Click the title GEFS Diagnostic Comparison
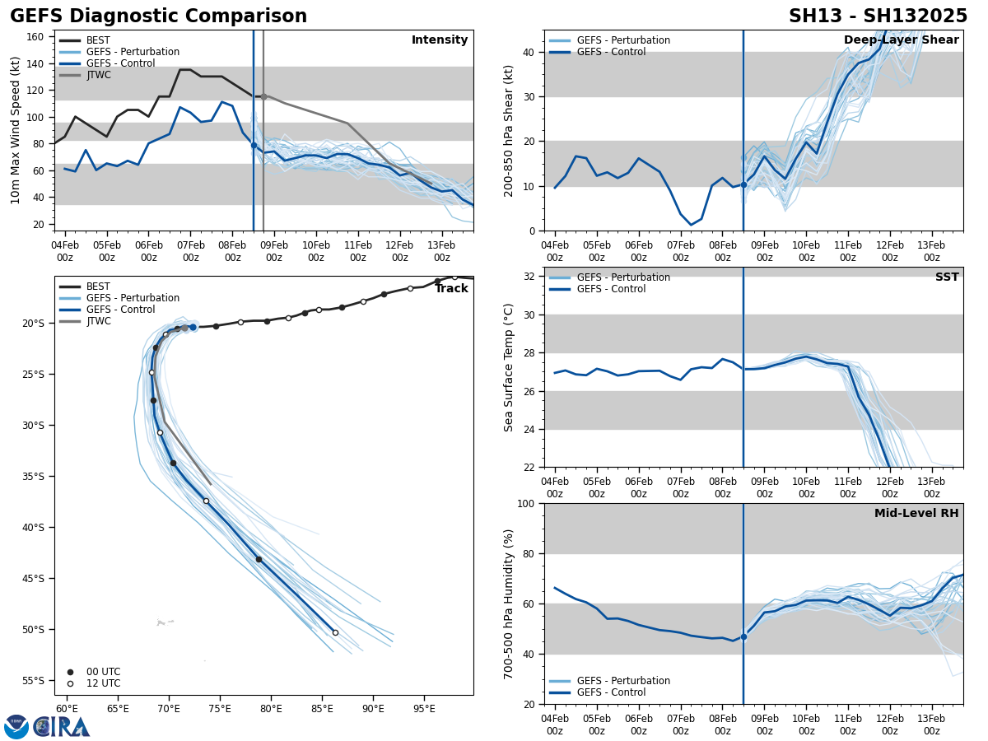click(158, 16)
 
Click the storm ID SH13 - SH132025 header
click(878, 16)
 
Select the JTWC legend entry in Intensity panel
click(98, 75)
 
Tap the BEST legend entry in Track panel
click(98, 287)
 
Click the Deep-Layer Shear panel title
click(901, 40)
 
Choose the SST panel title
click(946, 277)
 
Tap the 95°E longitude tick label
click(424, 708)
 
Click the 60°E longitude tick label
click(67, 708)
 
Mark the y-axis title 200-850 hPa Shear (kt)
click(510, 130)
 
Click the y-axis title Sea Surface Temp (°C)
click(510, 367)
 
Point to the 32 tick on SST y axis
click(530, 277)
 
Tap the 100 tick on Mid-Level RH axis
click(527, 503)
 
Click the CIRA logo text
click(61, 726)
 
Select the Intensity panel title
click(439, 40)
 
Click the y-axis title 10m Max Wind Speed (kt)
click(16, 130)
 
